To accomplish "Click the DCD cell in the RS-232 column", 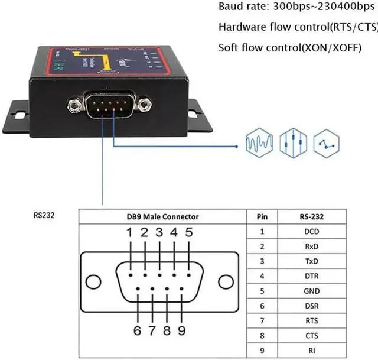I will [312, 232].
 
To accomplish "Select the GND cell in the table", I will [312, 291].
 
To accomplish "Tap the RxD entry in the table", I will [312, 247].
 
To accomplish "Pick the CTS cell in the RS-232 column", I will [312, 335].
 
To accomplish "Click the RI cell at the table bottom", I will [312, 350].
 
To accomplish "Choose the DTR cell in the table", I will [312, 276].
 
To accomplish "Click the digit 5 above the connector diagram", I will [189, 232].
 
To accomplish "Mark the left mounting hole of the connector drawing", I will [95, 280].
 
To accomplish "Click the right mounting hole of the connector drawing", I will [225, 280].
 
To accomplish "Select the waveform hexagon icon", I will [259, 142].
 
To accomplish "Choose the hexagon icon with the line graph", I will [326, 142].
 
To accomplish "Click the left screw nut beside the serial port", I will [74, 106].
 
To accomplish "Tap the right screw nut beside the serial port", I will [144, 106].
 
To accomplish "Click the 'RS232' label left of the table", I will [44, 215].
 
